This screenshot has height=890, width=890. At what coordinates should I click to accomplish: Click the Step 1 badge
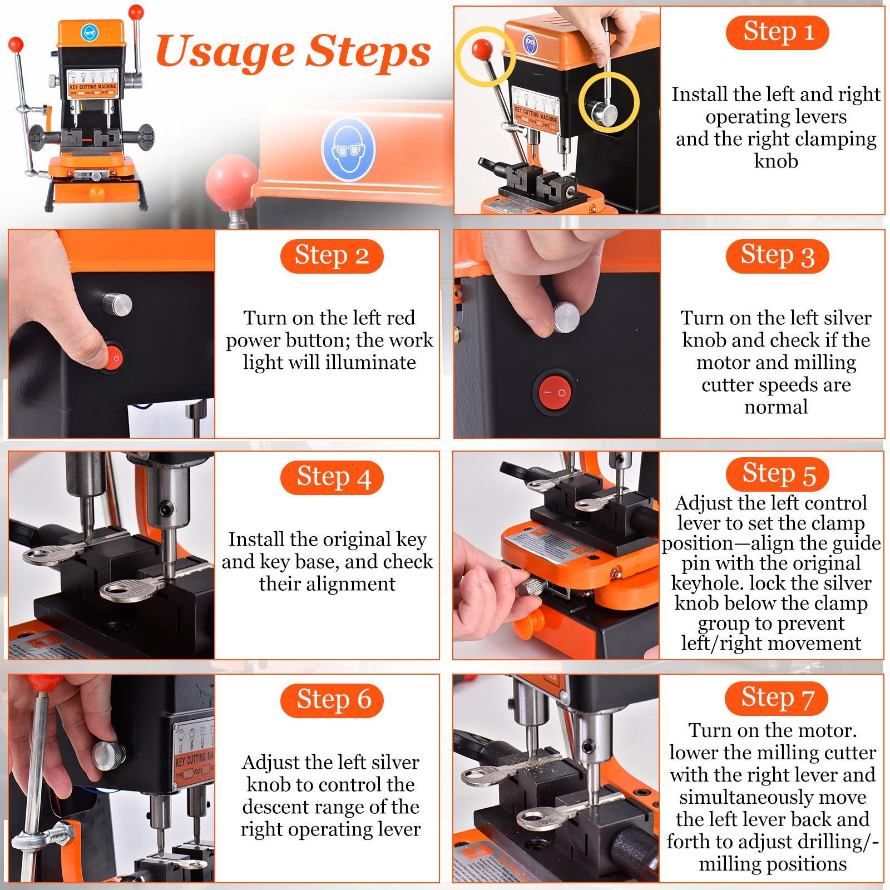click(777, 32)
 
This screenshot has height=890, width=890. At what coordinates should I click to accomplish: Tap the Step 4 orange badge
click(332, 478)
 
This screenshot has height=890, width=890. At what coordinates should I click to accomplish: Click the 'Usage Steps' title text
click(293, 52)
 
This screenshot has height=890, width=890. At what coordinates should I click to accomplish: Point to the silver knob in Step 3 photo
click(566, 318)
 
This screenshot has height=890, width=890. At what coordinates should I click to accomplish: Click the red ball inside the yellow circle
click(480, 49)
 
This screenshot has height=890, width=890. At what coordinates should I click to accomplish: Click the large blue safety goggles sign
click(349, 149)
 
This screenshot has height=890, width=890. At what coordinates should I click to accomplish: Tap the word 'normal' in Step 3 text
click(776, 407)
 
